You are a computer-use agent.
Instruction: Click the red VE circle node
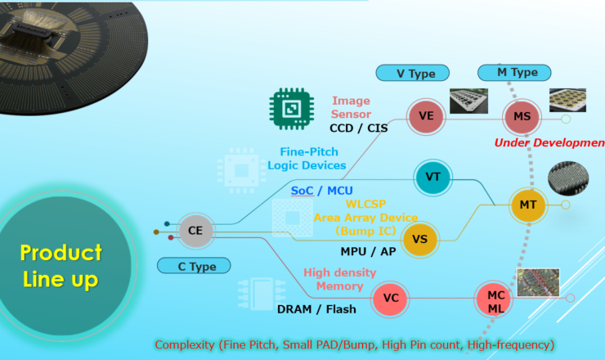point(426,116)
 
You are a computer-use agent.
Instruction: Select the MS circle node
point(522,117)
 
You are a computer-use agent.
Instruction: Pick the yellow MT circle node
point(527,204)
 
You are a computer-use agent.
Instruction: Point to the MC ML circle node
point(495,299)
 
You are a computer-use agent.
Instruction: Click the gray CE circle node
point(195,230)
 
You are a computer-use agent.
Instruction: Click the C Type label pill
point(193,265)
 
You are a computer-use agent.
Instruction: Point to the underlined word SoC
point(302,190)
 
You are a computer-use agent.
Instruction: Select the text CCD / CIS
point(359,128)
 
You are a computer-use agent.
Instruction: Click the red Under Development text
point(549,143)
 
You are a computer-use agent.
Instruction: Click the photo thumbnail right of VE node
point(469,101)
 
